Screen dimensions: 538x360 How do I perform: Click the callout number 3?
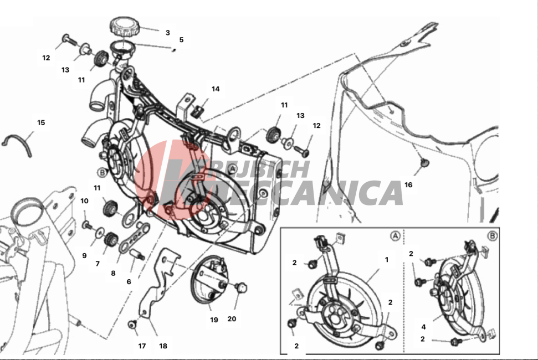167,33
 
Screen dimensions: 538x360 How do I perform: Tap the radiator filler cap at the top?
125,27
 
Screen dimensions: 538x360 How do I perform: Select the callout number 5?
181,40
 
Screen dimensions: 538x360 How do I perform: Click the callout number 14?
216,89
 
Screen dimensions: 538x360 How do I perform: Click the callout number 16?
408,185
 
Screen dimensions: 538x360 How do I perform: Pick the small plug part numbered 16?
425,162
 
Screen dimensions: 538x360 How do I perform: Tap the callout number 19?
214,320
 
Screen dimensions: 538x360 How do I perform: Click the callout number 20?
232,319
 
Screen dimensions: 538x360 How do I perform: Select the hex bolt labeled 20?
242,287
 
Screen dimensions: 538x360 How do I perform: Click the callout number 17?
142,346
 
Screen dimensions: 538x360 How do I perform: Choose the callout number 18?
163,346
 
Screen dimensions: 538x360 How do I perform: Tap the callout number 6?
129,282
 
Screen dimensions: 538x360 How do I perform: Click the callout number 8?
113,273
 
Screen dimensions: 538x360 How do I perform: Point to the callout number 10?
84,201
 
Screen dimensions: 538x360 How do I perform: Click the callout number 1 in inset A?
387,260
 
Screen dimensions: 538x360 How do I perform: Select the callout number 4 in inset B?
423,327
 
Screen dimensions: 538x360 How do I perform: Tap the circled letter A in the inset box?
395,236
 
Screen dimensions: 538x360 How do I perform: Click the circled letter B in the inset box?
492,236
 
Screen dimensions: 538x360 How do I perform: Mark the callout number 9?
84,256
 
